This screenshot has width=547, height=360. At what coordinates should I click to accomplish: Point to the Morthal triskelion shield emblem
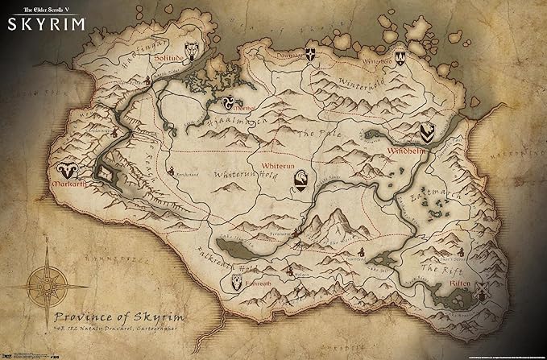coord(228,101)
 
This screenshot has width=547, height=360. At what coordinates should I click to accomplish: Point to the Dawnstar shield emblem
coord(309,57)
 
